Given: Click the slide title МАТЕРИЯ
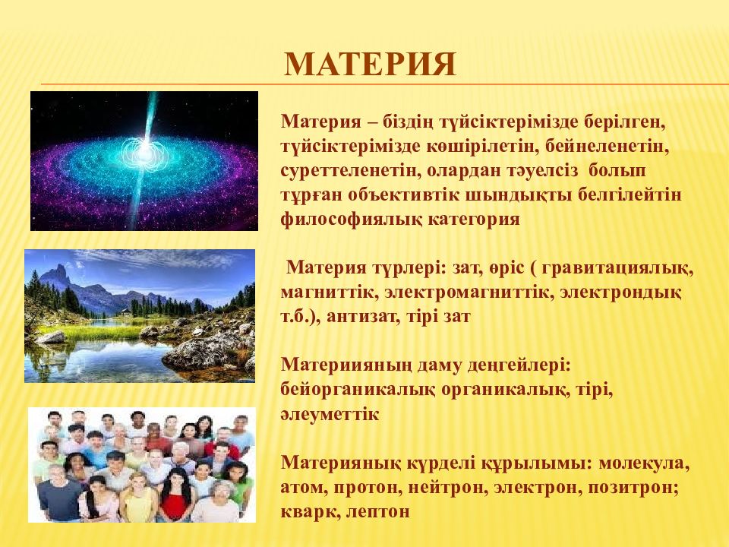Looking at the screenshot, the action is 370,64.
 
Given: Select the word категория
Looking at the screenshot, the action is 473,219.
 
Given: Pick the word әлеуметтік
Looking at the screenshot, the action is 330,413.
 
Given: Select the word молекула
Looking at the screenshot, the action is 644,463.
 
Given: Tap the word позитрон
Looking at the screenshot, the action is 633,488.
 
